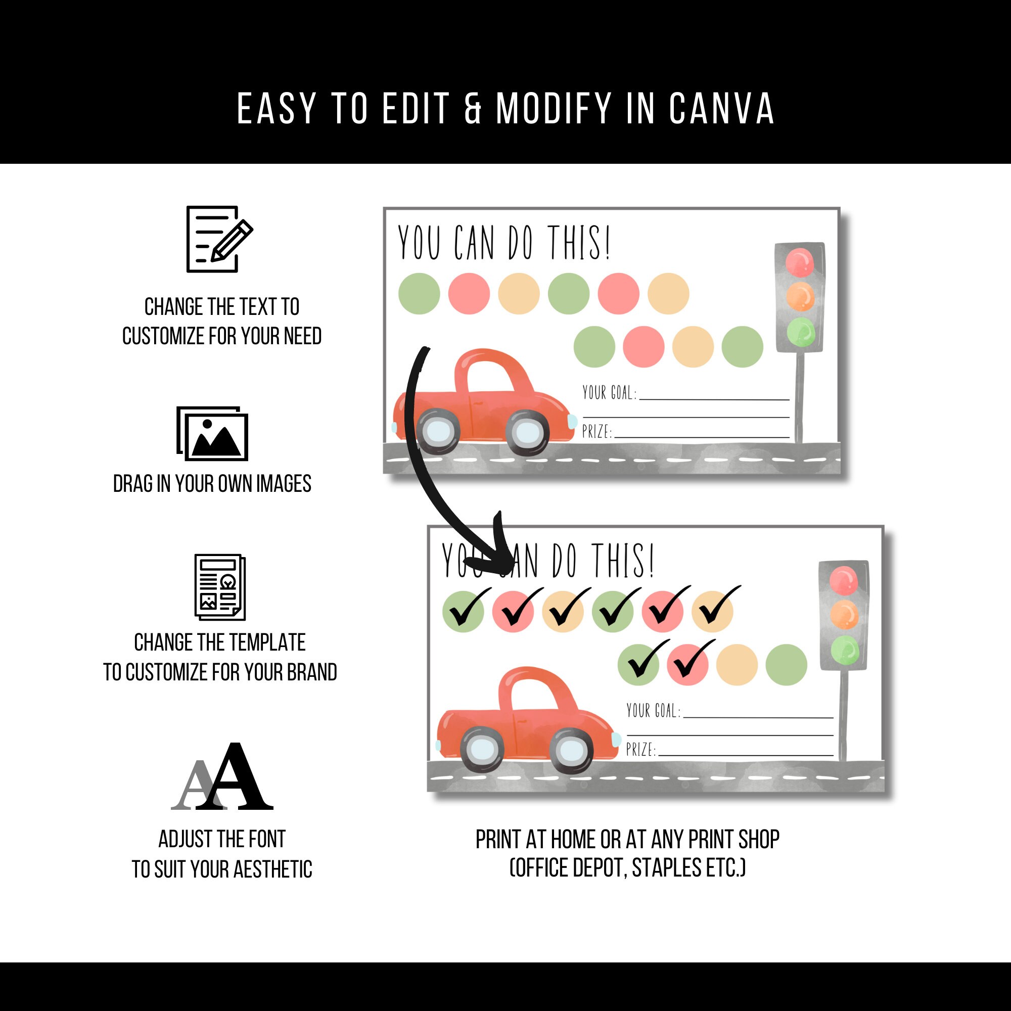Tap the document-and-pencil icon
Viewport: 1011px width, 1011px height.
point(219,239)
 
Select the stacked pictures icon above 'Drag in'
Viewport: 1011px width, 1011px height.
point(212,433)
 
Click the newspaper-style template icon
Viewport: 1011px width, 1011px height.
point(220,587)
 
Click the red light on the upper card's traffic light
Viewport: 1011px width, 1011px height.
point(800,262)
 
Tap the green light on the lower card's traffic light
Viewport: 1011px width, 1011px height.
point(844,651)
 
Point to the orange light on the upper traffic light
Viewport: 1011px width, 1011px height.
point(800,297)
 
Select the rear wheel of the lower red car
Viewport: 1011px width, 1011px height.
point(482,749)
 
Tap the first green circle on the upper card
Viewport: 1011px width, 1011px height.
point(419,294)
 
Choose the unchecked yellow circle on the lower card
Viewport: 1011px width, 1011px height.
point(737,665)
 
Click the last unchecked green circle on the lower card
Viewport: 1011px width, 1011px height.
point(786,665)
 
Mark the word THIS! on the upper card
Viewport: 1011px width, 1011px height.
point(579,243)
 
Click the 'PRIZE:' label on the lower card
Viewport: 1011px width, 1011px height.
point(641,749)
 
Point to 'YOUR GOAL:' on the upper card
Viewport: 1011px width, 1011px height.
point(610,392)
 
